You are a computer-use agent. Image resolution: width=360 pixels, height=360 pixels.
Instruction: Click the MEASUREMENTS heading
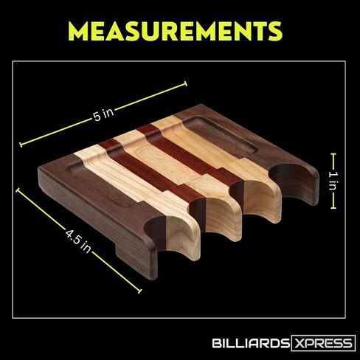(x=175, y=31)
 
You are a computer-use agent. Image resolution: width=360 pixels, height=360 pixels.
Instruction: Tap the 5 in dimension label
(x=104, y=114)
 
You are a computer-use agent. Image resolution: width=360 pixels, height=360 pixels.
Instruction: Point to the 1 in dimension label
(x=333, y=181)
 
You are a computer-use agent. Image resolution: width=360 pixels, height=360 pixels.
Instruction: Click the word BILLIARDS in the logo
(x=251, y=343)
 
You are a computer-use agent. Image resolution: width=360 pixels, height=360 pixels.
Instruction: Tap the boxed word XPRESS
(x=323, y=343)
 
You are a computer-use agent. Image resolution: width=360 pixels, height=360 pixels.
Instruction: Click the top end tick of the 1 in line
(x=333, y=154)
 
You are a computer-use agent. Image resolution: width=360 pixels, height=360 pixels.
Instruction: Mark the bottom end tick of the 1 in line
(x=333, y=208)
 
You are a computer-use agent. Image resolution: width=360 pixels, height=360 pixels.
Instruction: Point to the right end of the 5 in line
(x=186, y=83)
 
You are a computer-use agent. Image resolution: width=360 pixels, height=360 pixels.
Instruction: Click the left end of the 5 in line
(x=21, y=145)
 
